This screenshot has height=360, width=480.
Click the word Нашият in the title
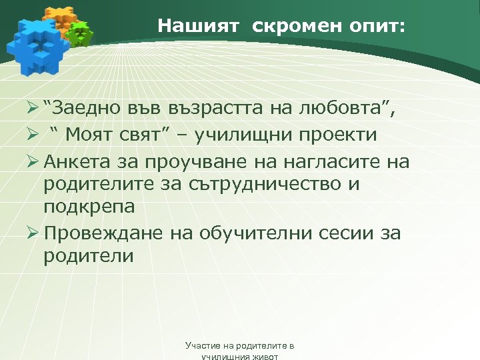click(189, 26)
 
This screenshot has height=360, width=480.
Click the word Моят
click(95, 135)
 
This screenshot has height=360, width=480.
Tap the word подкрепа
click(89, 207)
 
